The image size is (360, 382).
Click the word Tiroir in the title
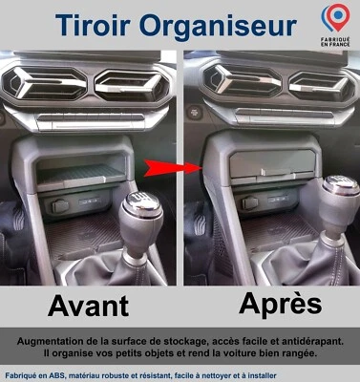(x=95, y=26)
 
